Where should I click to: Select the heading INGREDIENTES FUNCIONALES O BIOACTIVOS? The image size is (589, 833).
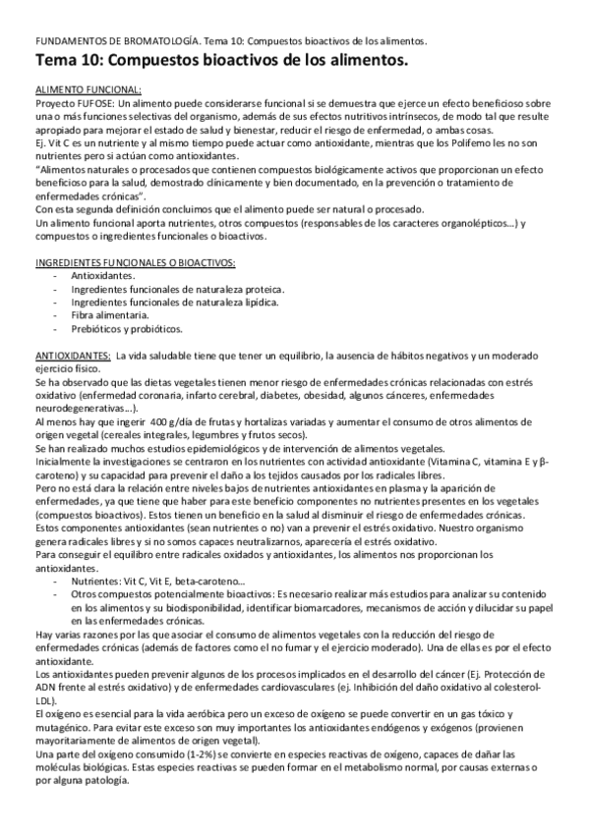135,263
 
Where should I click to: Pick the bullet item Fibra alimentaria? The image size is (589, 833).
110,315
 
